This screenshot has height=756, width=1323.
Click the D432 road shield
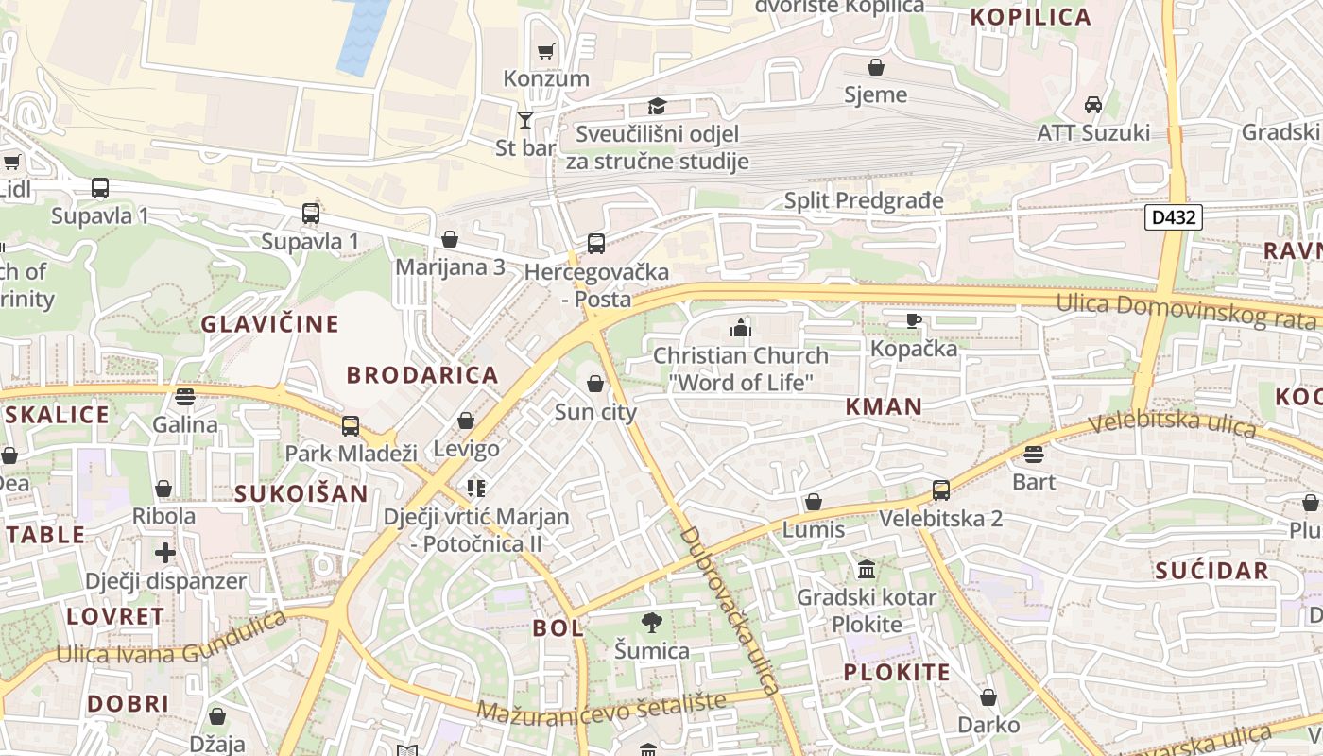click(1174, 217)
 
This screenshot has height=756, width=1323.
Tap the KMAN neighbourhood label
click(884, 406)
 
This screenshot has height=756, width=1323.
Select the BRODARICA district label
click(422, 375)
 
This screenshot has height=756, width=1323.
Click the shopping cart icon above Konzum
click(545, 51)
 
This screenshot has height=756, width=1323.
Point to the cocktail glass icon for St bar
click(525, 120)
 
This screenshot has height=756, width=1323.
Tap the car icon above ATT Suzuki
click(1093, 104)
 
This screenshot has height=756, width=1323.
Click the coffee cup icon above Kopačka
click(913, 320)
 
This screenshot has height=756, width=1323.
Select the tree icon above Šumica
click(651, 623)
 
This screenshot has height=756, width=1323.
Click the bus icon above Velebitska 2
click(940, 490)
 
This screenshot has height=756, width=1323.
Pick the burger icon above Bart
click(1034, 455)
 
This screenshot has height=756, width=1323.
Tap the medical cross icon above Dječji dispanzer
click(165, 553)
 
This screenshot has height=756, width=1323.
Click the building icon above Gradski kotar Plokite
click(867, 569)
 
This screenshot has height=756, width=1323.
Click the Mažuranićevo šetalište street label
click(601, 706)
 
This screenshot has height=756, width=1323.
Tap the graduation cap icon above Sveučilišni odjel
click(657, 106)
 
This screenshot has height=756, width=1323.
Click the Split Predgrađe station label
click(864, 200)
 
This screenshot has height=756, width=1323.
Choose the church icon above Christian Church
click(741, 328)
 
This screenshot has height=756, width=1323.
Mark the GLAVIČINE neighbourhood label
click(269, 324)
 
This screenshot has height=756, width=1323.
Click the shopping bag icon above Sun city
click(595, 384)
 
